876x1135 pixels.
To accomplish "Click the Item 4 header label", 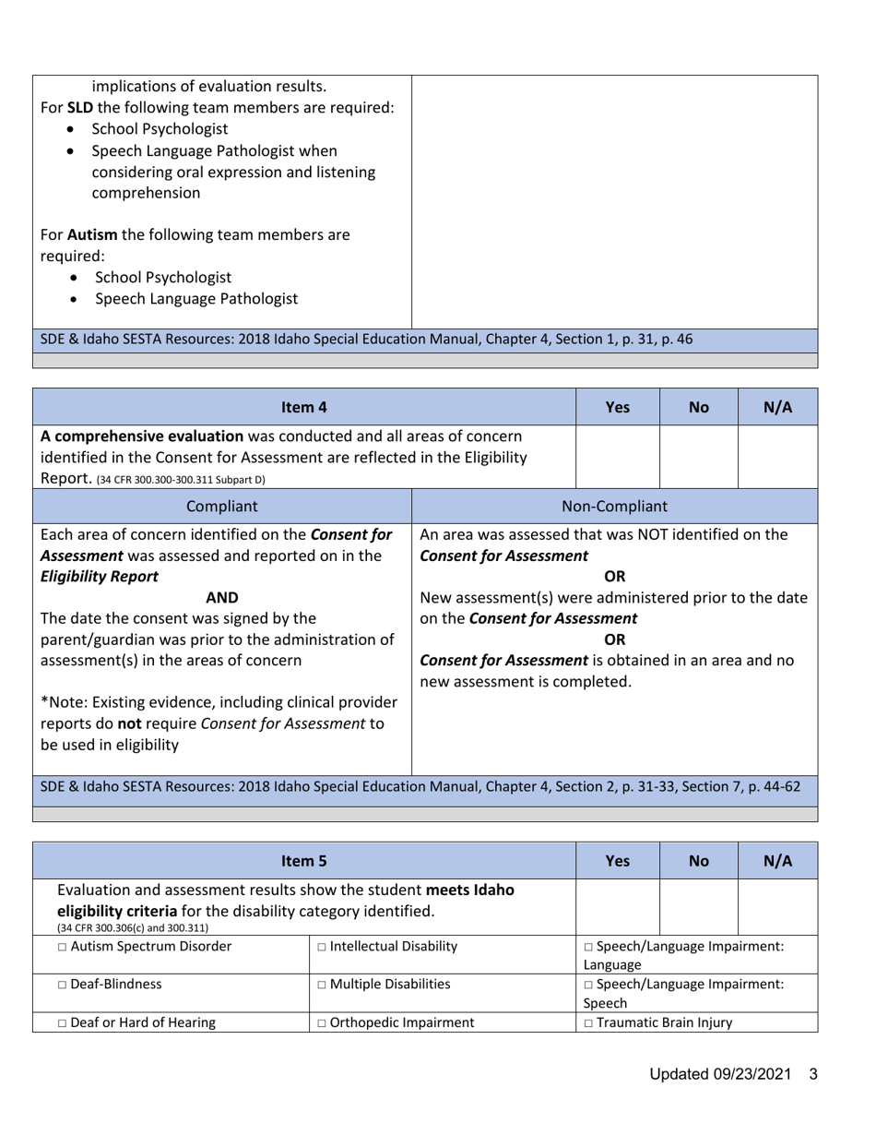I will click(x=304, y=406).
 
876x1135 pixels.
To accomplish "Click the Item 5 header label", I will click(x=304, y=861).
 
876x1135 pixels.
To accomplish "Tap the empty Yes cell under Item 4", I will click(x=617, y=457).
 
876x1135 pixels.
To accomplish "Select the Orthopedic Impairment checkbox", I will click(x=321, y=1022).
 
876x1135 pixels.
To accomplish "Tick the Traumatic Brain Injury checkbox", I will click(x=588, y=1022).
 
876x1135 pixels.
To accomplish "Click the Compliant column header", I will click(x=221, y=506).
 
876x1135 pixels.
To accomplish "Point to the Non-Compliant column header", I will click(x=614, y=506).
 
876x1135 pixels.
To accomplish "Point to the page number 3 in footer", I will click(x=813, y=1074).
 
